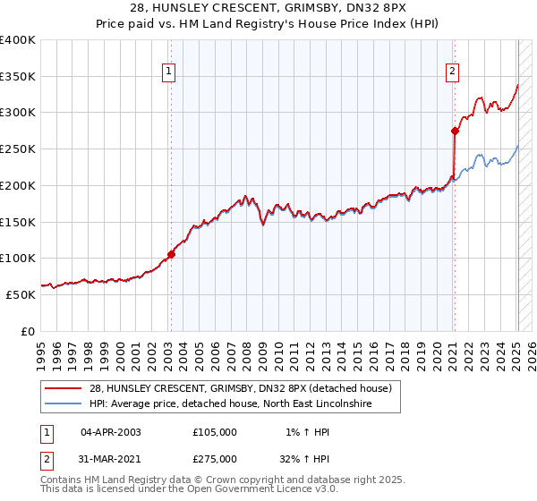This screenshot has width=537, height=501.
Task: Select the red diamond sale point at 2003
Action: [x=171, y=253]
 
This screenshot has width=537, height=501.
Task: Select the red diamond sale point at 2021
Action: [x=455, y=131]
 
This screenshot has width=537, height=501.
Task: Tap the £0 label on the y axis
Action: [x=29, y=330]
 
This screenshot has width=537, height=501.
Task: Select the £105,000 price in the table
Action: [x=215, y=431]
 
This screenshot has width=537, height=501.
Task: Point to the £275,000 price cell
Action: [x=215, y=458]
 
